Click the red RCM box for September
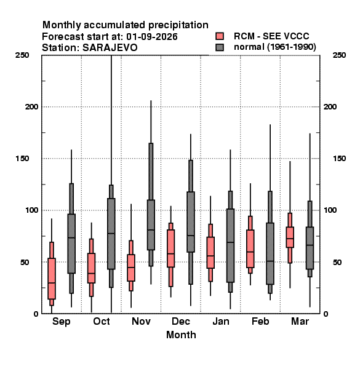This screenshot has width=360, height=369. click(52, 279)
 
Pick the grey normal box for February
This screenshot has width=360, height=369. click(270, 253)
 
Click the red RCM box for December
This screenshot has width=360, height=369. click(170, 248)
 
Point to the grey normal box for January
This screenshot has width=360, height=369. click(230, 245)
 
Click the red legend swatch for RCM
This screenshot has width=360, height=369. click(220, 36)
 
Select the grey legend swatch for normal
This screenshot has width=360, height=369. click(220, 47)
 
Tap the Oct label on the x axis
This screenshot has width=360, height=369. click(102, 321)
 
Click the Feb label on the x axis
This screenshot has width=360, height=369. click(260, 321)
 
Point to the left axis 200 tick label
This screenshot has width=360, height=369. click(31, 107)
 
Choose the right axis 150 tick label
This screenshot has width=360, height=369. click(339, 159)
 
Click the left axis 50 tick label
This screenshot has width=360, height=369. click(25, 262)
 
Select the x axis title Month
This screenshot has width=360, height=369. click(181, 335)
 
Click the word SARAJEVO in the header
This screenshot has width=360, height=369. click(110, 48)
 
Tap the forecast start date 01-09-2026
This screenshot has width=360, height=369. click(152, 37)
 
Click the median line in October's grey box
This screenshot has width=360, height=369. click(111, 233)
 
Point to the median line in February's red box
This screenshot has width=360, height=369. click(250, 252)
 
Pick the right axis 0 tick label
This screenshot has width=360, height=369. click(326, 314)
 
